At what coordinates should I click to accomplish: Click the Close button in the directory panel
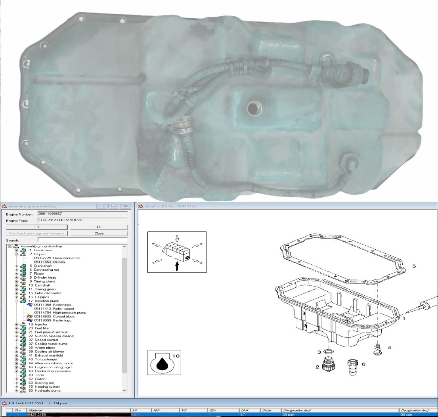pyautogui.click(x=99, y=233)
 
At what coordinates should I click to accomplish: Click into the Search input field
pyautogui.click(x=82, y=240)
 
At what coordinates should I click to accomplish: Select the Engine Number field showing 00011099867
pyautogui.click(x=82, y=214)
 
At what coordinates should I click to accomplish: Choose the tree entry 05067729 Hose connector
pyautogui.click(x=57, y=258)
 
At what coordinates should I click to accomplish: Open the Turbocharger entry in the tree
pyautogui.click(x=45, y=360)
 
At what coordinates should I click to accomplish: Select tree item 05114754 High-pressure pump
pyautogui.click(x=60, y=313)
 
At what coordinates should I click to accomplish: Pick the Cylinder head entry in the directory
pyautogui.click(x=45, y=277)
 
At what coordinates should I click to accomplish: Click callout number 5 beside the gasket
pyautogui.click(x=414, y=266)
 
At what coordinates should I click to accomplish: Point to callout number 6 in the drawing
pyautogui.click(x=363, y=364)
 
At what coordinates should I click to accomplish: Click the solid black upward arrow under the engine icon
pyautogui.click(x=177, y=266)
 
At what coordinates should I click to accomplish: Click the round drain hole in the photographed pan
pyautogui.click(x=254, y=108)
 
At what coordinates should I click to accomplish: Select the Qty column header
pyautogui.click(x=212, y=410)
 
